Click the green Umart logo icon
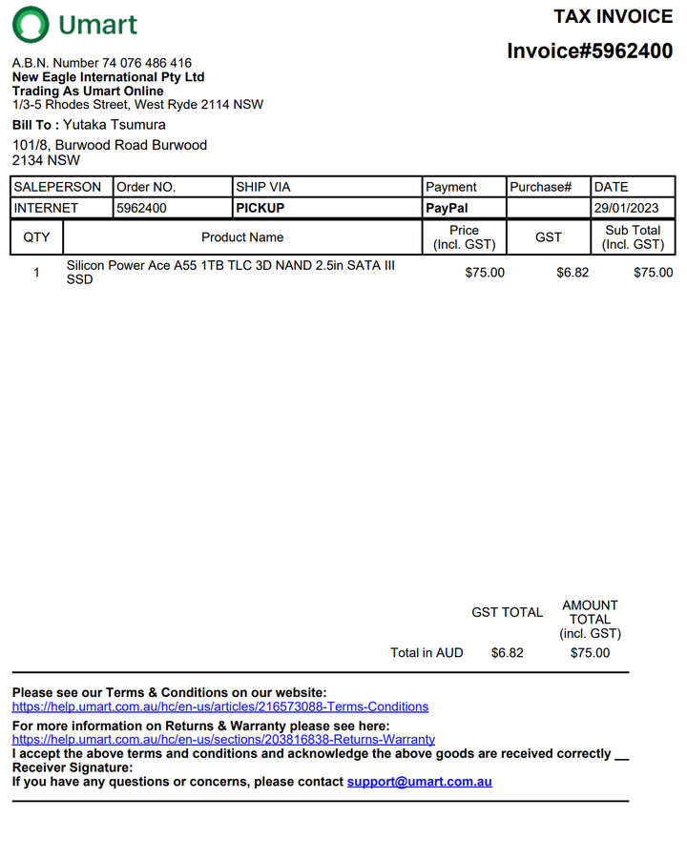point(31,25)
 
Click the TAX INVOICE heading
point(613,16)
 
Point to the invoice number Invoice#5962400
point(589,51)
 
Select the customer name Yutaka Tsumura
point(114,125)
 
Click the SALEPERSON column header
point(57,187)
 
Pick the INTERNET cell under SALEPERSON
point(47,208)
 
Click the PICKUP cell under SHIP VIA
point(260,208)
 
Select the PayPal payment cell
point(447,208)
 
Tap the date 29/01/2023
point(626,208)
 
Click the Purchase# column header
point(540,187)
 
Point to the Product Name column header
point(242,237)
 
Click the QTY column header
point(36,237)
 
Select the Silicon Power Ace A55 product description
point(230,272)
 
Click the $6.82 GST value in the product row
point(572,273)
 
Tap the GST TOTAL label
point(507,613)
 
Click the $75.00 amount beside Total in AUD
point(590,653)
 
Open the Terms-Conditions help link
point(219,706)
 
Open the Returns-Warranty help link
point(223,739)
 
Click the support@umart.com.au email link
point(419,782)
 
